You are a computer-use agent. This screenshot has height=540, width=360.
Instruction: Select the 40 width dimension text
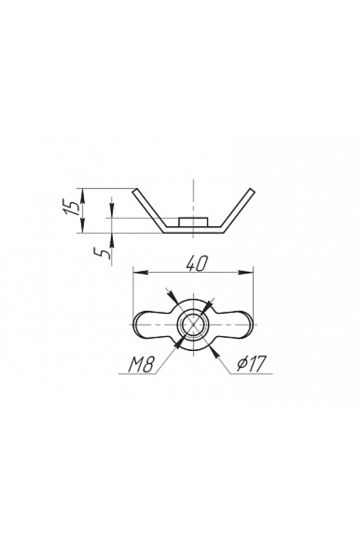point(197,263)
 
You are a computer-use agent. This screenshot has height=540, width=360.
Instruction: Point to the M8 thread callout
point(140,364)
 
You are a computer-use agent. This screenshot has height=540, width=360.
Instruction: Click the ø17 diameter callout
point(252,364)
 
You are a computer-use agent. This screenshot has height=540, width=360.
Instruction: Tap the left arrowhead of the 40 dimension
point(140,273)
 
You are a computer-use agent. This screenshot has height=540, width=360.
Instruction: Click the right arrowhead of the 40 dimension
point(246,273)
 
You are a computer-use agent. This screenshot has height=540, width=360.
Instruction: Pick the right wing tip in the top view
point(252,325)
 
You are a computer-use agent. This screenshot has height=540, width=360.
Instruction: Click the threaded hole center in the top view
point(193,325)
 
